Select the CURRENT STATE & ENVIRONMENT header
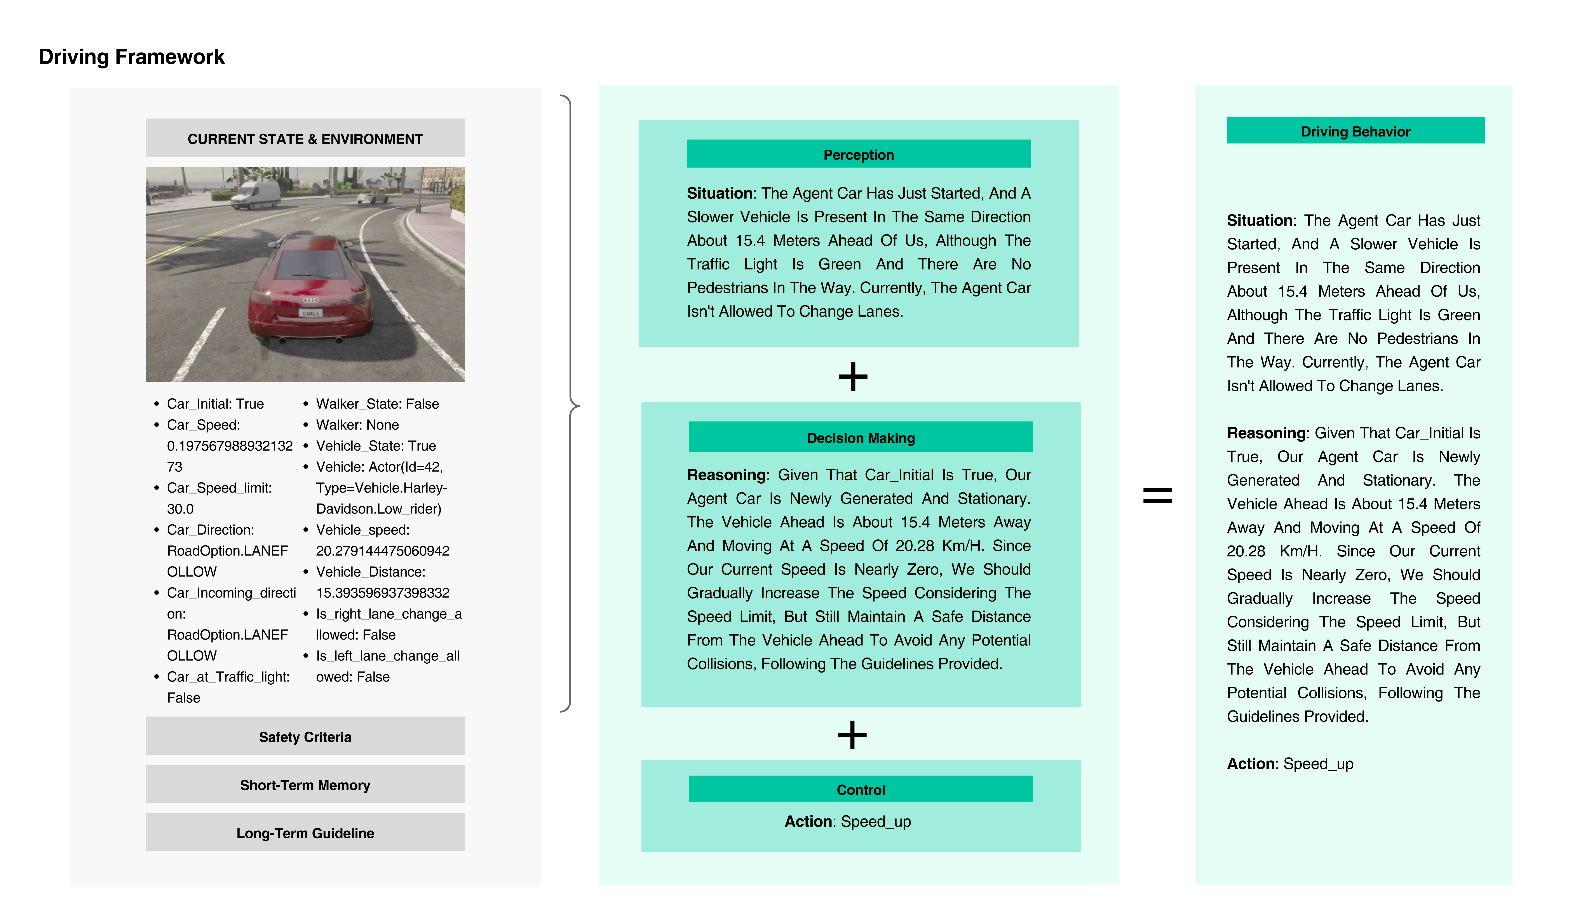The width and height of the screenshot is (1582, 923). [305, 139]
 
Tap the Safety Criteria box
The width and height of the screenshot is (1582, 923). [305, 736]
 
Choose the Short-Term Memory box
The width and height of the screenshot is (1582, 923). [305, 785]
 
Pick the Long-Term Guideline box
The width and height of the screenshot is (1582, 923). [305, 833]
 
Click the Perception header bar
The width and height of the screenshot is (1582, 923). [858, 154]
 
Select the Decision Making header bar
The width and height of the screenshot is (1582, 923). [861, 438]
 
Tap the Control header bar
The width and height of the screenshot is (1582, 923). [861, 789]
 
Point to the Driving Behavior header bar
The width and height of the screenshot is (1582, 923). [1355, 131]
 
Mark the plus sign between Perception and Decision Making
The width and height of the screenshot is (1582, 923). [852, 377]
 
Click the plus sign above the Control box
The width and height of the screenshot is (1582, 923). [852, 735]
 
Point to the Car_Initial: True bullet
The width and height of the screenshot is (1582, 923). [215, 404]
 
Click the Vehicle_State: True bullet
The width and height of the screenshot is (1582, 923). [375, 446]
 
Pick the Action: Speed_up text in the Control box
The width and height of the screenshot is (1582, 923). [847, 821]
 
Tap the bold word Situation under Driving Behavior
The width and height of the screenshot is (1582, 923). [1259, 220]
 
